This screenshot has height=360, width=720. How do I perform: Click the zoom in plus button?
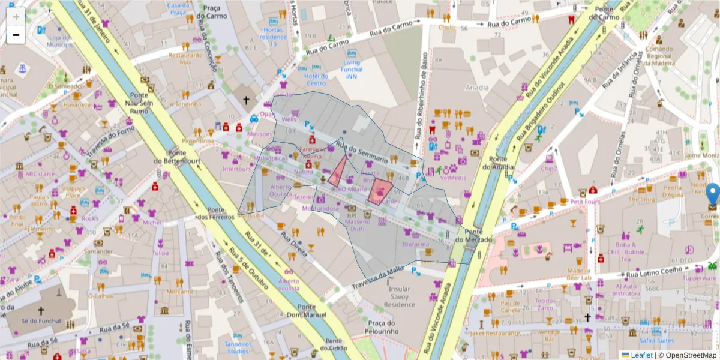coord(16,16)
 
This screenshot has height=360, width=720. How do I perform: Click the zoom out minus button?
coord(16,35)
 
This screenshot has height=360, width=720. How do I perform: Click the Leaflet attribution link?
coord(641,355)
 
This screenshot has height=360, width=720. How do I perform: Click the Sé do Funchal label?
coord(41,321)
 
